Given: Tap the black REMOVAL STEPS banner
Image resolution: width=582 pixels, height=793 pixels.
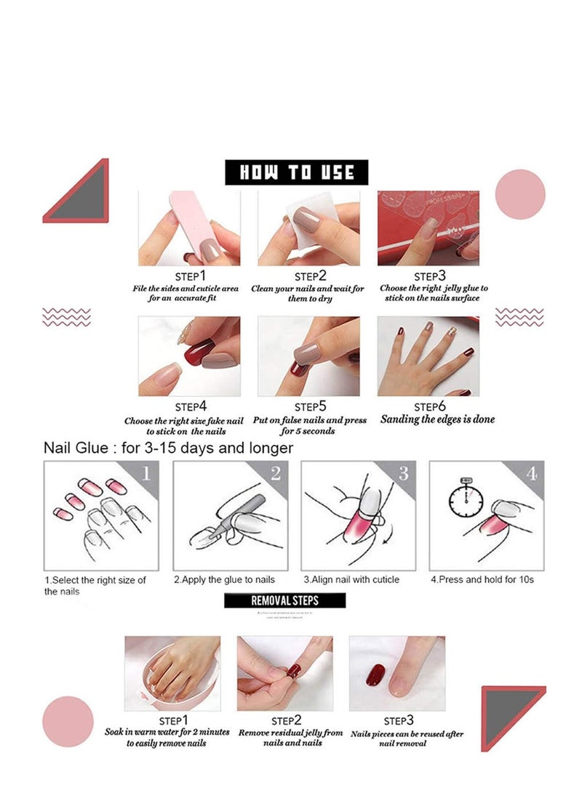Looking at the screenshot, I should point(284,600).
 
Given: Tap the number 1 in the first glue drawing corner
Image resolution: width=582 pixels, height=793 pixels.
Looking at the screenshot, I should point(145,474).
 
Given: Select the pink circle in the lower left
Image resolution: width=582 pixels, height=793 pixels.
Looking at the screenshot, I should point(68,721).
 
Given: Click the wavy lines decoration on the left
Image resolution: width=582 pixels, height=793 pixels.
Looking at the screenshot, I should point(67,317).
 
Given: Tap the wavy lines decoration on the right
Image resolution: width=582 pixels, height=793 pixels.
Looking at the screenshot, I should point(519,316).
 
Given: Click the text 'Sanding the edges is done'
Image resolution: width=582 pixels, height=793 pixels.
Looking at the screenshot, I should point(437,419).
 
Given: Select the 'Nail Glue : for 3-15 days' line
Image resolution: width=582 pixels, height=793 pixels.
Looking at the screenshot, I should point(168,448).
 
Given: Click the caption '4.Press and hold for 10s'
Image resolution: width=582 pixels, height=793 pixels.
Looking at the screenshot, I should point(482,579).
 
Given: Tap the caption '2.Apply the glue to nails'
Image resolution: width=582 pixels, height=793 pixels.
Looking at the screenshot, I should point(224,579).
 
